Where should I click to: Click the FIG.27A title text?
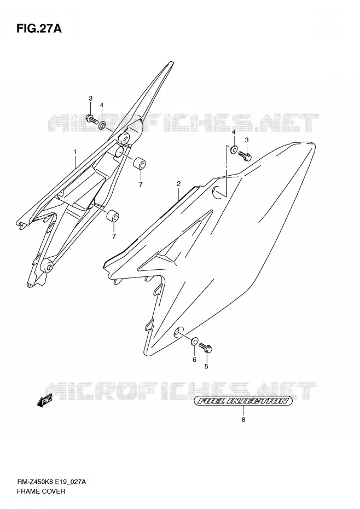39,28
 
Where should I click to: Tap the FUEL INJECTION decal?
243,401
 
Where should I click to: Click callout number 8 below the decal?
243,420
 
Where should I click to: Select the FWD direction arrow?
44,402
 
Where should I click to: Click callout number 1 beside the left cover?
75,152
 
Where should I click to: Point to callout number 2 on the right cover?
178,184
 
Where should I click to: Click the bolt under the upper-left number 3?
91,119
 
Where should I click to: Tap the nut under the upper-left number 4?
102,125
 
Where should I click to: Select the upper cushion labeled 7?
140,163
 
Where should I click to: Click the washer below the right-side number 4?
234,150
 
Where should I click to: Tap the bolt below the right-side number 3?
246,156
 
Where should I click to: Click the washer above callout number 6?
195,341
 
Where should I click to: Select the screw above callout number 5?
206,348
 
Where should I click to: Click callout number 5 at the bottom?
206,367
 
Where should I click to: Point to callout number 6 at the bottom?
194,360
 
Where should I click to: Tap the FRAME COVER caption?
40,491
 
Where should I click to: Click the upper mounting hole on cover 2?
219,192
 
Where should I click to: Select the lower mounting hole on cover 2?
178,332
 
